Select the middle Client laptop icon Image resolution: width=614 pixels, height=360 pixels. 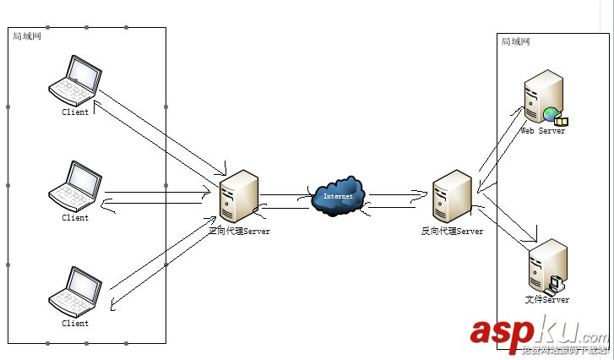75,186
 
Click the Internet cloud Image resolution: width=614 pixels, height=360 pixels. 338,196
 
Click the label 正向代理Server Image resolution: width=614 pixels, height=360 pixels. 239,231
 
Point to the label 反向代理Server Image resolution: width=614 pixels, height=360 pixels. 452,231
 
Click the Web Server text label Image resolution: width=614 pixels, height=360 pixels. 542,131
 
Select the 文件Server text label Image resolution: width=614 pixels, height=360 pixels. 546,299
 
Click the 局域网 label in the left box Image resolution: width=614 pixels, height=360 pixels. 27,36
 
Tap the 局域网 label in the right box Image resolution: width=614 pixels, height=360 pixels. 515,41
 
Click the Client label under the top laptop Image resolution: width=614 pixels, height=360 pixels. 75,112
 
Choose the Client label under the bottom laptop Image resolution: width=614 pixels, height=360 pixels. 75,323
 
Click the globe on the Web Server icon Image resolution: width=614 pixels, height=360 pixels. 551,114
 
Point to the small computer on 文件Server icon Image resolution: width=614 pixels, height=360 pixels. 555,284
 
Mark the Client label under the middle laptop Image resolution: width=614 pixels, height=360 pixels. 75,218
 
